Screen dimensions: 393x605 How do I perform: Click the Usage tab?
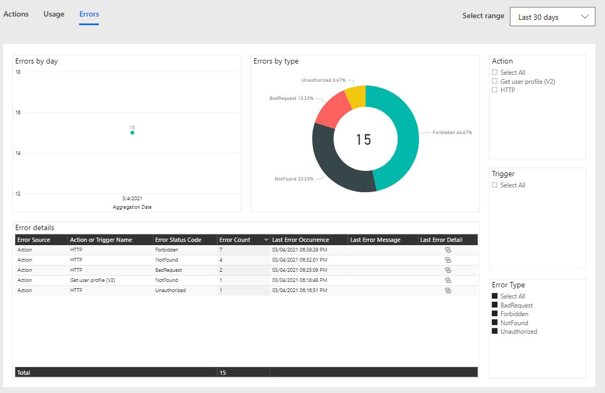(54, 14)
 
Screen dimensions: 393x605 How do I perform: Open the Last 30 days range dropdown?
(552, 17)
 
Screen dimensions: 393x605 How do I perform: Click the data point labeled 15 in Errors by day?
(132, 132)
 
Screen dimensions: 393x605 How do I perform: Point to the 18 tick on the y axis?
(18, 72)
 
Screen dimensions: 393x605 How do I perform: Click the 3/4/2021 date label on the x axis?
(132, 198)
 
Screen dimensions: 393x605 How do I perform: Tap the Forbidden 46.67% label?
(452, 132)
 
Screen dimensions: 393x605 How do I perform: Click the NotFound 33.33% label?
(293, 179)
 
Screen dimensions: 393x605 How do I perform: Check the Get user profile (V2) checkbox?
(495, 82)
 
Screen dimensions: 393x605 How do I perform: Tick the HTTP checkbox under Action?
(495, 90)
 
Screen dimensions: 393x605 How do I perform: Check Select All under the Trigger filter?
(495, 185)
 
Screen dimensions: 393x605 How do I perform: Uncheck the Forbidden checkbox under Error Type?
(495, 314)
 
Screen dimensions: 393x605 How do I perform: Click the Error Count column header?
(235, 240)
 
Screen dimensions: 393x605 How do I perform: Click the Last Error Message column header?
(375, 240)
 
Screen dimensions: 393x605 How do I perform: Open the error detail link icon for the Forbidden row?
(448, 250)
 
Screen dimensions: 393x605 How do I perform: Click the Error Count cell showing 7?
(221, 250)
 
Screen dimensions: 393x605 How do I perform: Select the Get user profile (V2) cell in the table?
(92, 280)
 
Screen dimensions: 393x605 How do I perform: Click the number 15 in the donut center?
(363, 140)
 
